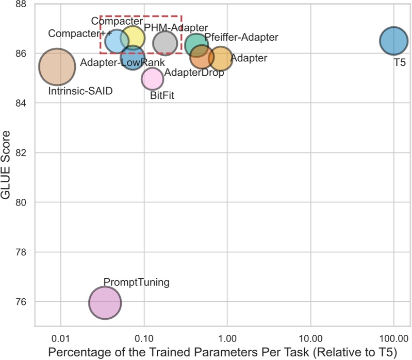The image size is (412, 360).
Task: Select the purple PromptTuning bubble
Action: click(x=105, y=303)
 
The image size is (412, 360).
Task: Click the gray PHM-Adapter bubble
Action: click(x=165, y=43)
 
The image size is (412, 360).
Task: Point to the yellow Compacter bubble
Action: click(x=133, y=37)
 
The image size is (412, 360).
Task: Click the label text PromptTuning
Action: click(x=136, y=282)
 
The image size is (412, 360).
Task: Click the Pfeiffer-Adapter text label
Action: click(x=241, y=38)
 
